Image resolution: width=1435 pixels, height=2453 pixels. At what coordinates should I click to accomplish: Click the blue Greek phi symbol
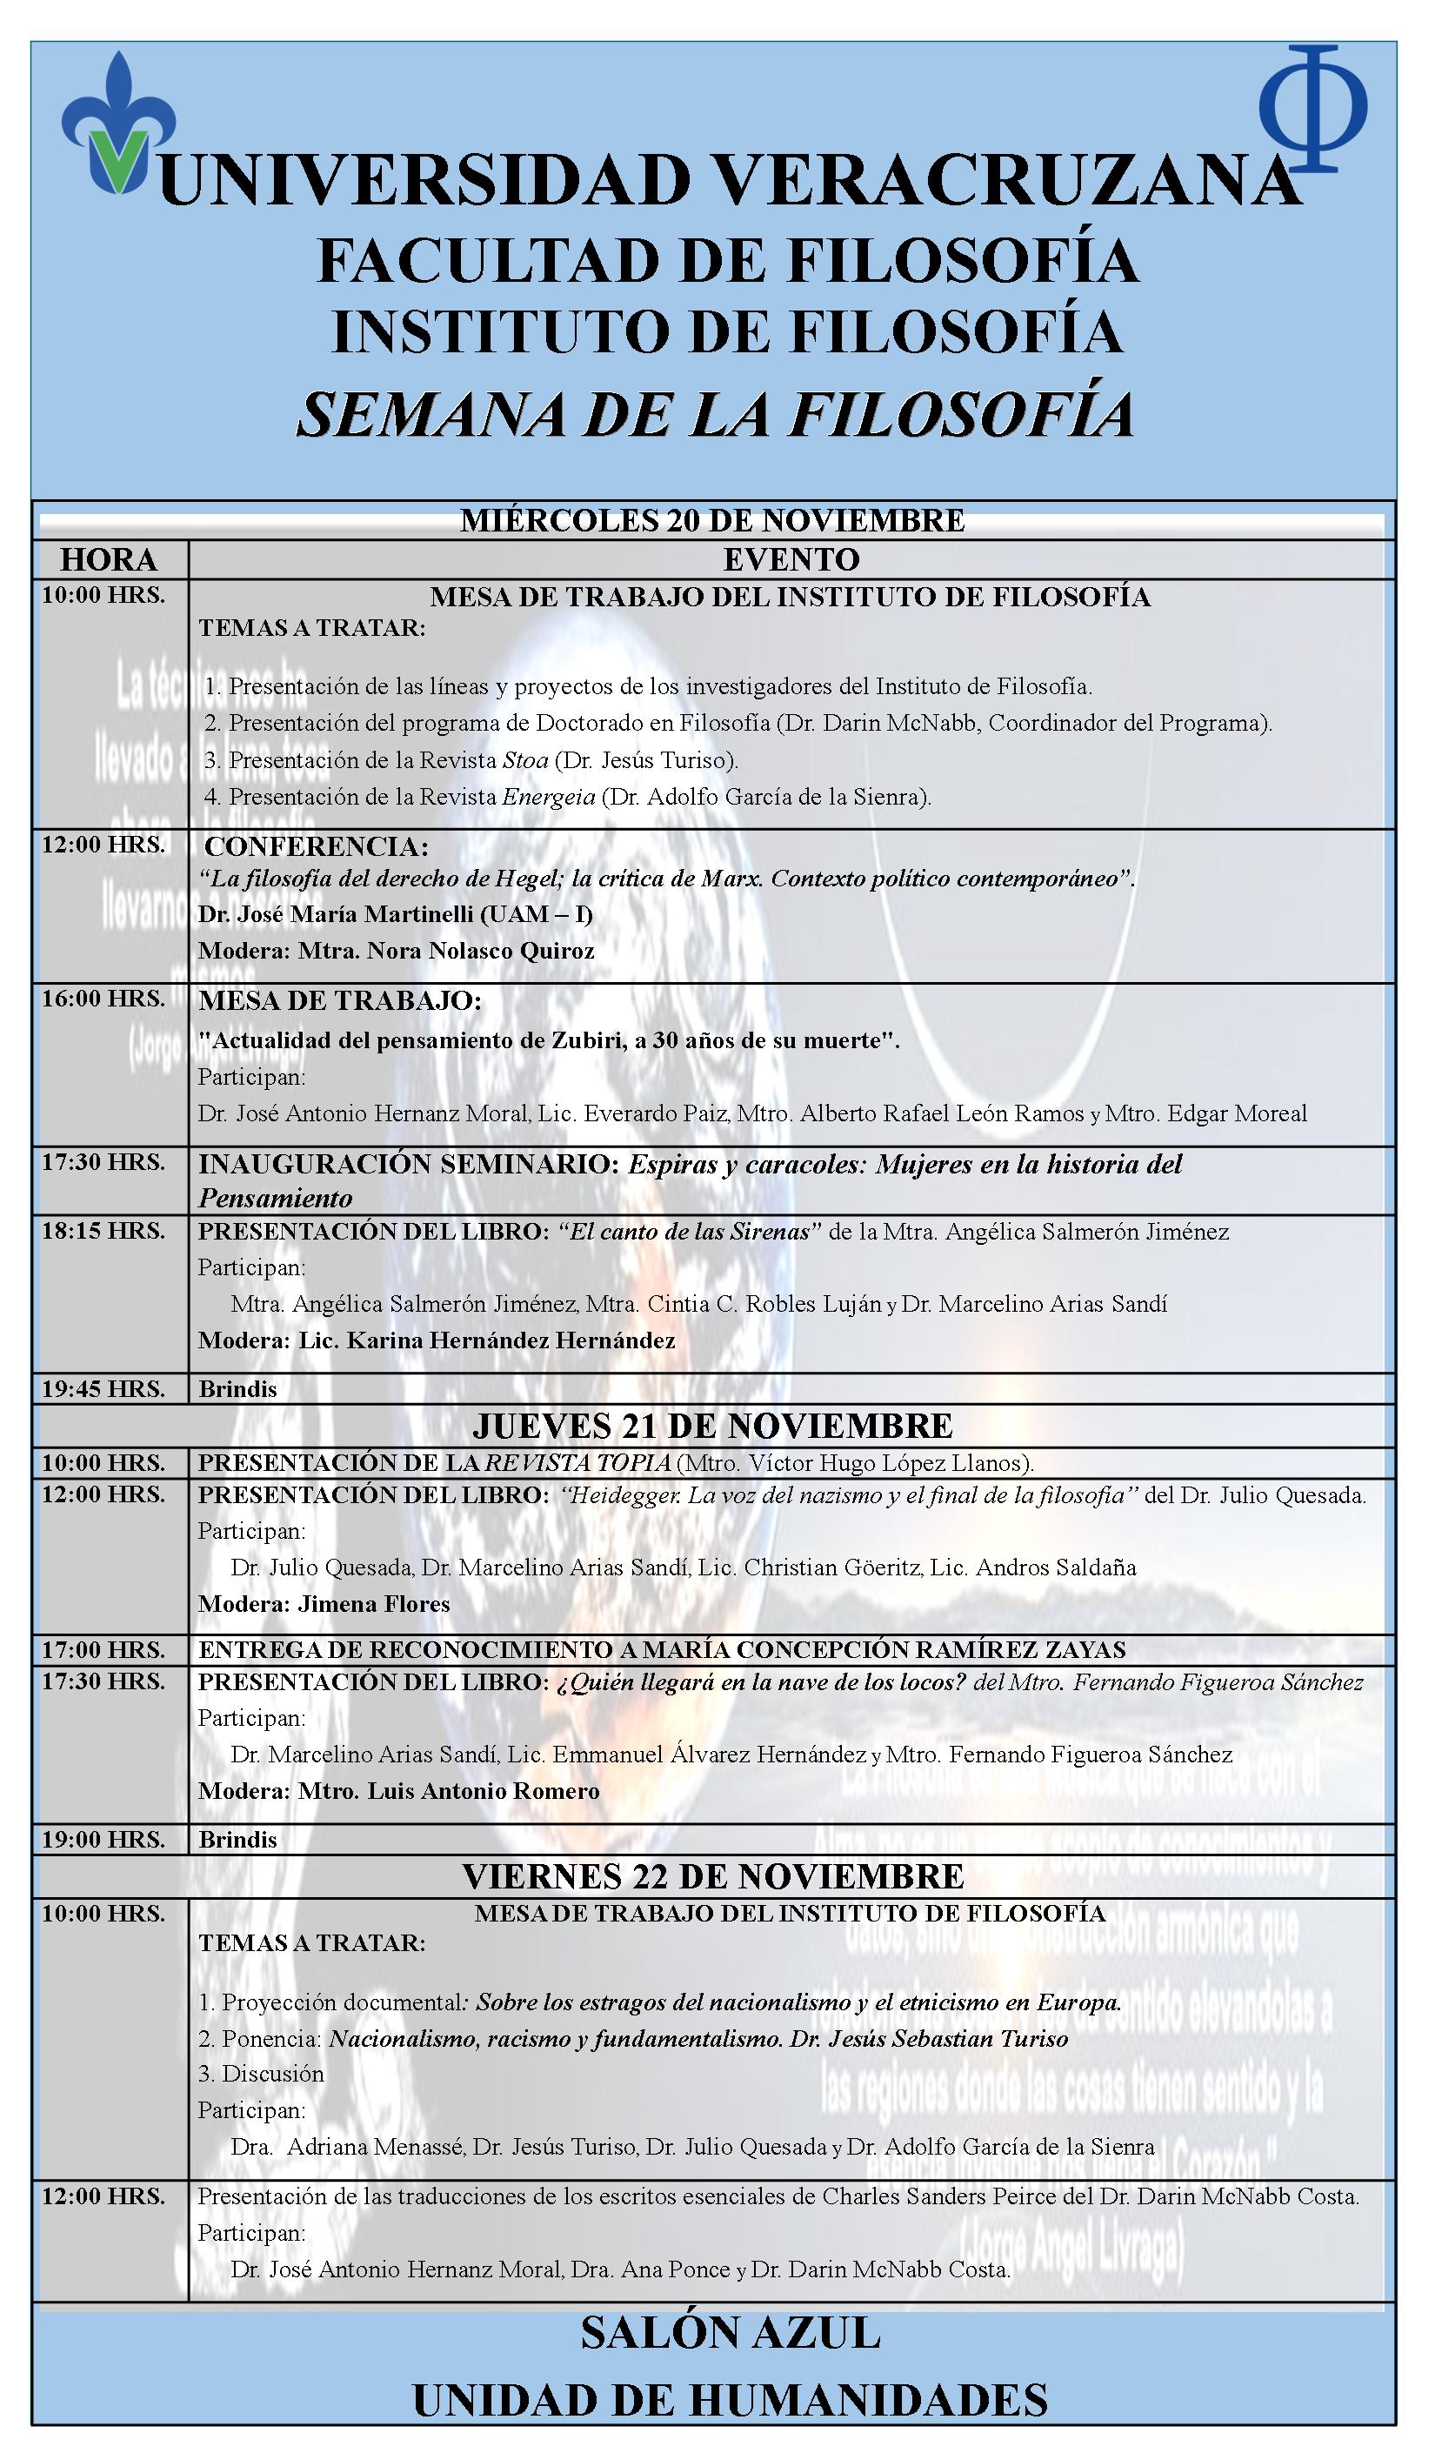pyautogui.click(x=1313, y=109)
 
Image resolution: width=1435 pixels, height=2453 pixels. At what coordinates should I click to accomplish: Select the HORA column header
pyautogui.click(x=109, y=559)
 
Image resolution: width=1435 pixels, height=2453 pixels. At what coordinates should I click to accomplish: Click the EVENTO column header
pyautogui.click(x=791, y=559)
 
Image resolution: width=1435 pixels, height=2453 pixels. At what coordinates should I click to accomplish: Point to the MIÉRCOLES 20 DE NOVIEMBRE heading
pyautogui.click(x=711, y=521)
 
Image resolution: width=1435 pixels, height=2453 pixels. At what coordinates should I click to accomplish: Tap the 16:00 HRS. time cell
pyautogui.click(x=103, y=999)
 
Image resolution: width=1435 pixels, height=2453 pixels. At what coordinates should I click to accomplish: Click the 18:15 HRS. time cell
pyautogui.click(x=103, y=1232)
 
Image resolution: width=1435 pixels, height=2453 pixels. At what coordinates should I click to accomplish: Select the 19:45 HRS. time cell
pyautogui.click(x=103, y=1389)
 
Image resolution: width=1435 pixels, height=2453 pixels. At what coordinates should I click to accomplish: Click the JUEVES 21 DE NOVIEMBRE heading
pyautogui.click(x=711, y=1426)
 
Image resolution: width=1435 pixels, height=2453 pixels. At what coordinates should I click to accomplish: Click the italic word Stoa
pyautogui.click(x=524, y=760)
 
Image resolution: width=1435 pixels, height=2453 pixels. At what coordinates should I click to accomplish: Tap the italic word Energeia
pyautogui.click(x=548, y=797)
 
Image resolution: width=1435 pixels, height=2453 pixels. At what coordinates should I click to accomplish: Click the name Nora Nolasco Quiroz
pyautogui.click(x=480, y=951)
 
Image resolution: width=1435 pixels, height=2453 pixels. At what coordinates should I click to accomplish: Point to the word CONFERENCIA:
pyautogui.click(x=317, y=846)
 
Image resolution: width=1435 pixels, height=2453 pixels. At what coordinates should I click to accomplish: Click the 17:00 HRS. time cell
pyautogui.click(x=103, y=1650)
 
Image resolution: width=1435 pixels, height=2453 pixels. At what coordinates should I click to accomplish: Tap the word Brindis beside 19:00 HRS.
pyautogui.click(x=237, y=1840)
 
